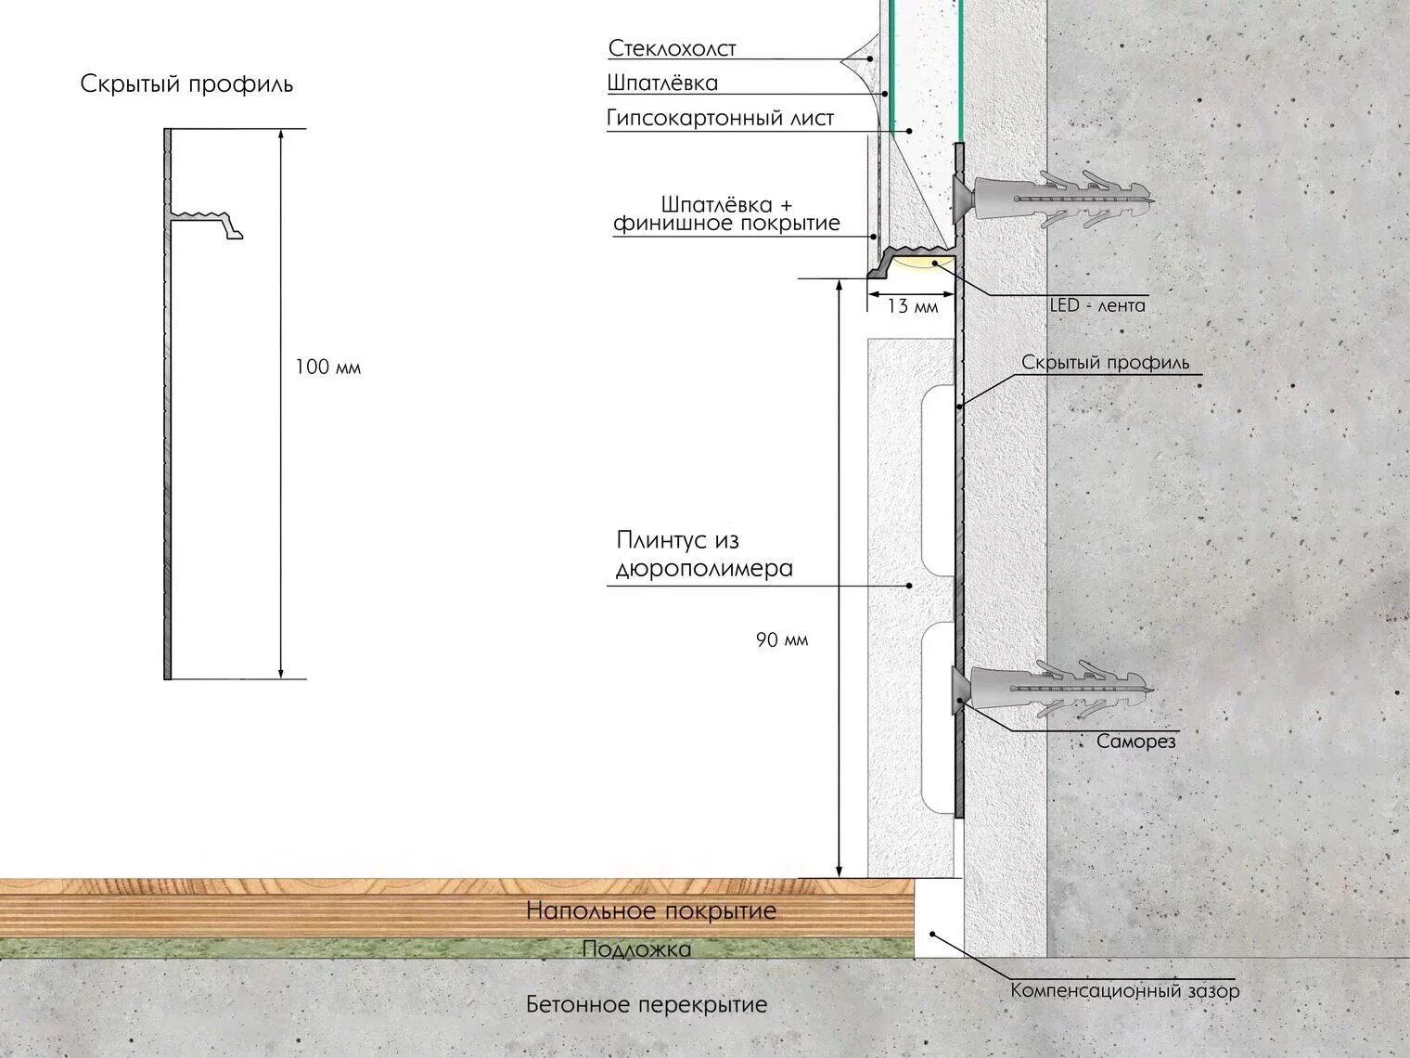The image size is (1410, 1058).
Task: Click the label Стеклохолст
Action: [672, 49]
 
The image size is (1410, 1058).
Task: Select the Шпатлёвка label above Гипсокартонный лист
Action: [662, 83]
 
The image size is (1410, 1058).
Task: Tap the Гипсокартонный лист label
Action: [720, 118]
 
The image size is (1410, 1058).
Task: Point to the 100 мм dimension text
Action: [327, 368]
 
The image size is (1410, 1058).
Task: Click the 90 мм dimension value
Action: [782, 639]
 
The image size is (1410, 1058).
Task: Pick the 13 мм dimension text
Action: [912, 306]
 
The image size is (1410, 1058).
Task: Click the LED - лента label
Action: [1097, 305]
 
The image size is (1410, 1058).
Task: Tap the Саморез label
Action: [1135, 742]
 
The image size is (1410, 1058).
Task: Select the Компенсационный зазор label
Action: [1125, 990]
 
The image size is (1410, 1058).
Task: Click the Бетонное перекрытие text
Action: [647, 1004]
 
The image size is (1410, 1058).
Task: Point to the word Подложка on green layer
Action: [636, 948]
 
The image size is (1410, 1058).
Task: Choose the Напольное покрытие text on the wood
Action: [651, 910]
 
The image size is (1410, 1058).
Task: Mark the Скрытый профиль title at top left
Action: [186, 84]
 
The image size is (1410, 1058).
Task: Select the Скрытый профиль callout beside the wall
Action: [1105, 363]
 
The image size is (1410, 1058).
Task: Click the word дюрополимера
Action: [704, 569]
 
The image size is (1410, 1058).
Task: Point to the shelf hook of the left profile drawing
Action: [207, 221]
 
